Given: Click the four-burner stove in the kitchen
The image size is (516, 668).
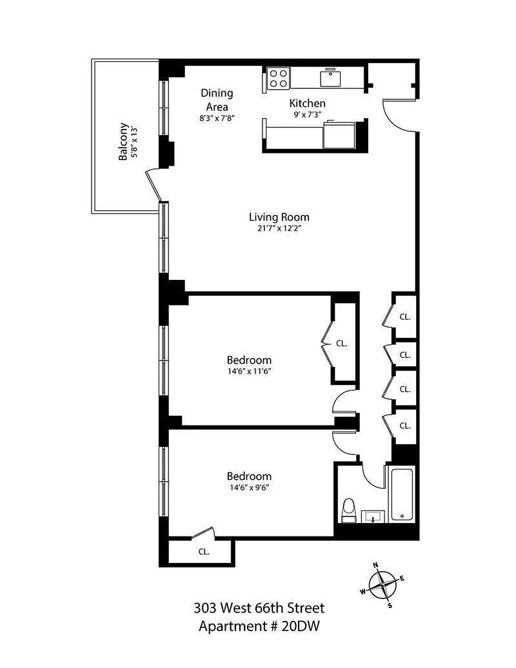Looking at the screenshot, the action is click(x=278, y=78).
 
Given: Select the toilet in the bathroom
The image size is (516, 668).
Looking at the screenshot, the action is click(x=348, y=511).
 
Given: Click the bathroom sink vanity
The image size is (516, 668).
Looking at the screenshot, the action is click(x=373, y=516).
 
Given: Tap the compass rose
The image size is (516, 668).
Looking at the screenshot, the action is click(x=382, y=585).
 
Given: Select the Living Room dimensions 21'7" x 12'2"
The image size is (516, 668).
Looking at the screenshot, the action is click(x=279, y=228).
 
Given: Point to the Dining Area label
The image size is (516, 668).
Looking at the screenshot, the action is click(x=217, y=100).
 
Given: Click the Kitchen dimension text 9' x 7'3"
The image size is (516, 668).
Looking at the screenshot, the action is click(x=307, y=114).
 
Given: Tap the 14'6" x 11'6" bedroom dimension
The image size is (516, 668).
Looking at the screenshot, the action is click(x=249, y=371).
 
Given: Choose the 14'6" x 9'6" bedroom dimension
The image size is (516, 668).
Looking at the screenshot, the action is click(x=249, y=487).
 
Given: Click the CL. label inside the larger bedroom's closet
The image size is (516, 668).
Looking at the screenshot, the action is click(x=342, y=343).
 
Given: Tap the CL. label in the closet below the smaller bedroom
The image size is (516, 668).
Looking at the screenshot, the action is click(x=204, y=551).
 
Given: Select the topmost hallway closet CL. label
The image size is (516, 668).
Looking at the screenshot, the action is click(x=405, y=317).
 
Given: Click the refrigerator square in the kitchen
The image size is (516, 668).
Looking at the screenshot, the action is click(x=339, y=135).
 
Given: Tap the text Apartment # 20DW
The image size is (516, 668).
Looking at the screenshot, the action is click(x=259, y=626).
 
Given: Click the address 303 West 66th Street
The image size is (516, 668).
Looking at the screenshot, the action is click(x=259, y=607).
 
